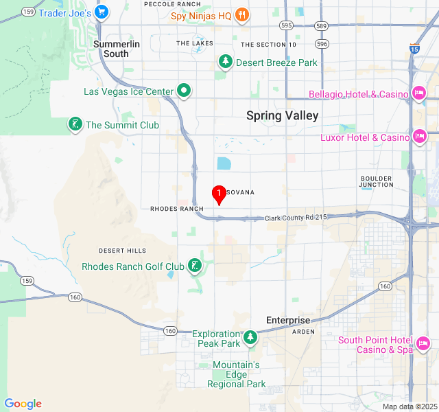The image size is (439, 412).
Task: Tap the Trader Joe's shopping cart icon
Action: coord(102,12)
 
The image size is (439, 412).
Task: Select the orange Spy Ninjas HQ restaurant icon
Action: coord(241,14)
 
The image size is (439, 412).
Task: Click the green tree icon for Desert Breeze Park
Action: coord(225,62)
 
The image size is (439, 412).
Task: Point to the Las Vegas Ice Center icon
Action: coord(184,91)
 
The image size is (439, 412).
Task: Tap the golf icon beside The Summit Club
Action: coord(74,124)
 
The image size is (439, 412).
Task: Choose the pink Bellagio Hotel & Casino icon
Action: coord(418,93)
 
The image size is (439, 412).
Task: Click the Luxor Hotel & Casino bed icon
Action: coord(418,137)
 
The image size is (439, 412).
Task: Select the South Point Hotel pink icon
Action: coord(423,342)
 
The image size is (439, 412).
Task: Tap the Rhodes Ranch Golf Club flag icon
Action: coord(195,266)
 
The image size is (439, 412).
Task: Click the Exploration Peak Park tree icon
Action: coord(250,336)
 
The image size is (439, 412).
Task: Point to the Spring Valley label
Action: coord(282,115)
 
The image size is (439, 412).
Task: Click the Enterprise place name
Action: coord(288,320)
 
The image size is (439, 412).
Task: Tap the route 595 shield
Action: coord(286,25)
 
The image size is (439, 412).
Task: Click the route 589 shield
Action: coord(321,25)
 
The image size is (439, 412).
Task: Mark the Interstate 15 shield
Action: coord(414,48)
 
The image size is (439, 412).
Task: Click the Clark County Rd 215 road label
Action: coord(296,218)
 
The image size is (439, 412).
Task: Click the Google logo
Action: coord(23,404)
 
